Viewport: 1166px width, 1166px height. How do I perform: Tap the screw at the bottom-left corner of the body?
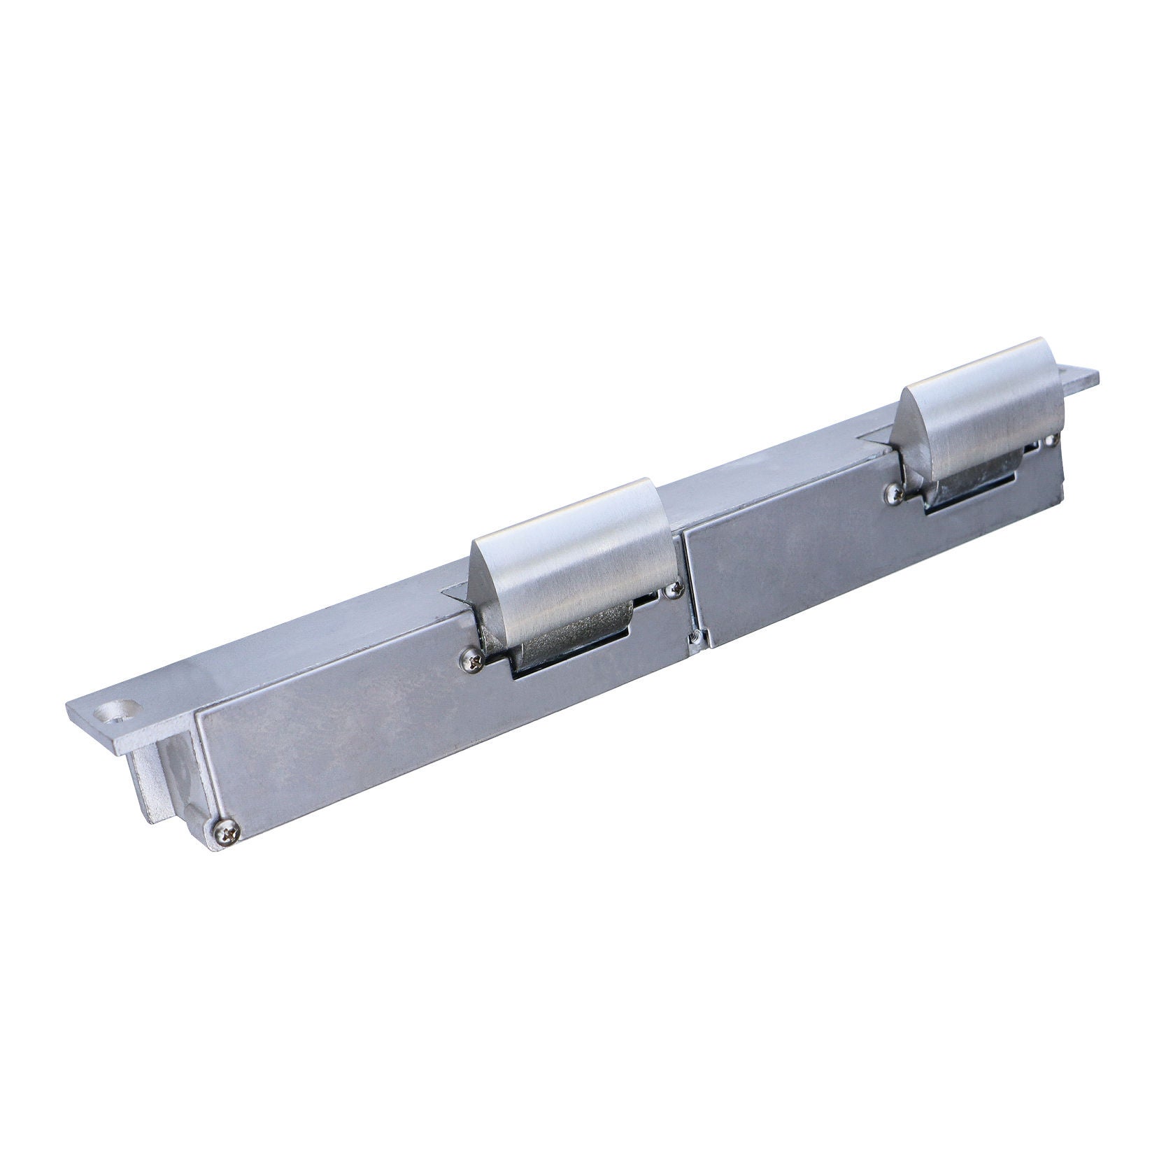pyautogui.click(x=227, y=832)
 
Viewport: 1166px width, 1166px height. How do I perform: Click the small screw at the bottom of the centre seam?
pyautogui.click(x=694, y=637)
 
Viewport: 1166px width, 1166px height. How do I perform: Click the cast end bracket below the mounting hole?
pyautogui.click(x=164, y=776)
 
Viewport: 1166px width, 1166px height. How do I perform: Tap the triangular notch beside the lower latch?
pyautogui.click(x=458, y=595)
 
